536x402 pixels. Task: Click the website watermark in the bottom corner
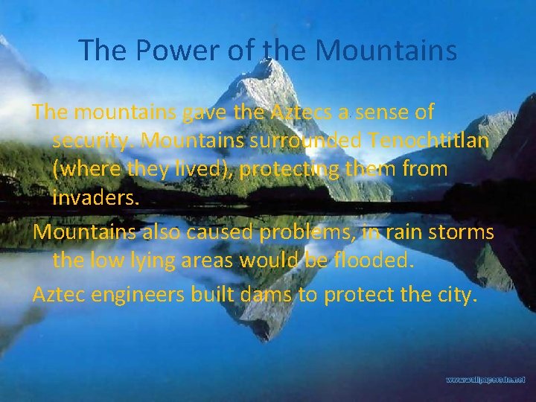pos(485,380)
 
